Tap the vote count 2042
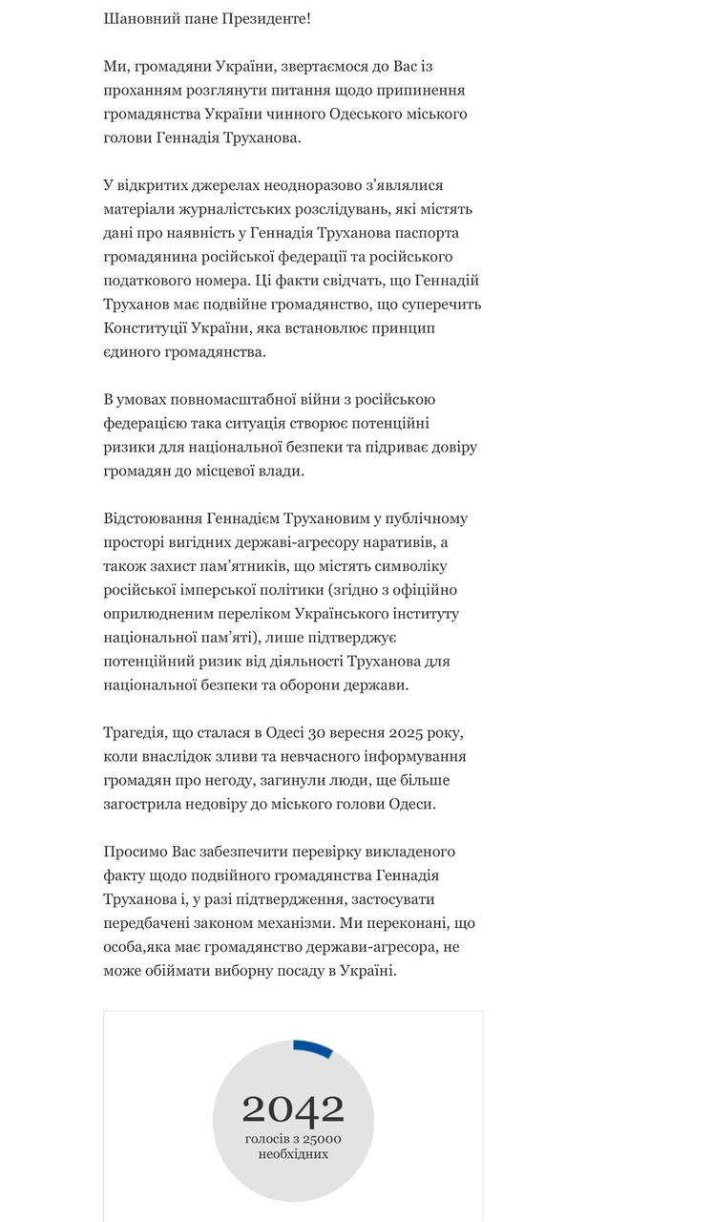coord(292,1109)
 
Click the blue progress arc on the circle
coord(313,1048)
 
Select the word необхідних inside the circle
coord(292,1154)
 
